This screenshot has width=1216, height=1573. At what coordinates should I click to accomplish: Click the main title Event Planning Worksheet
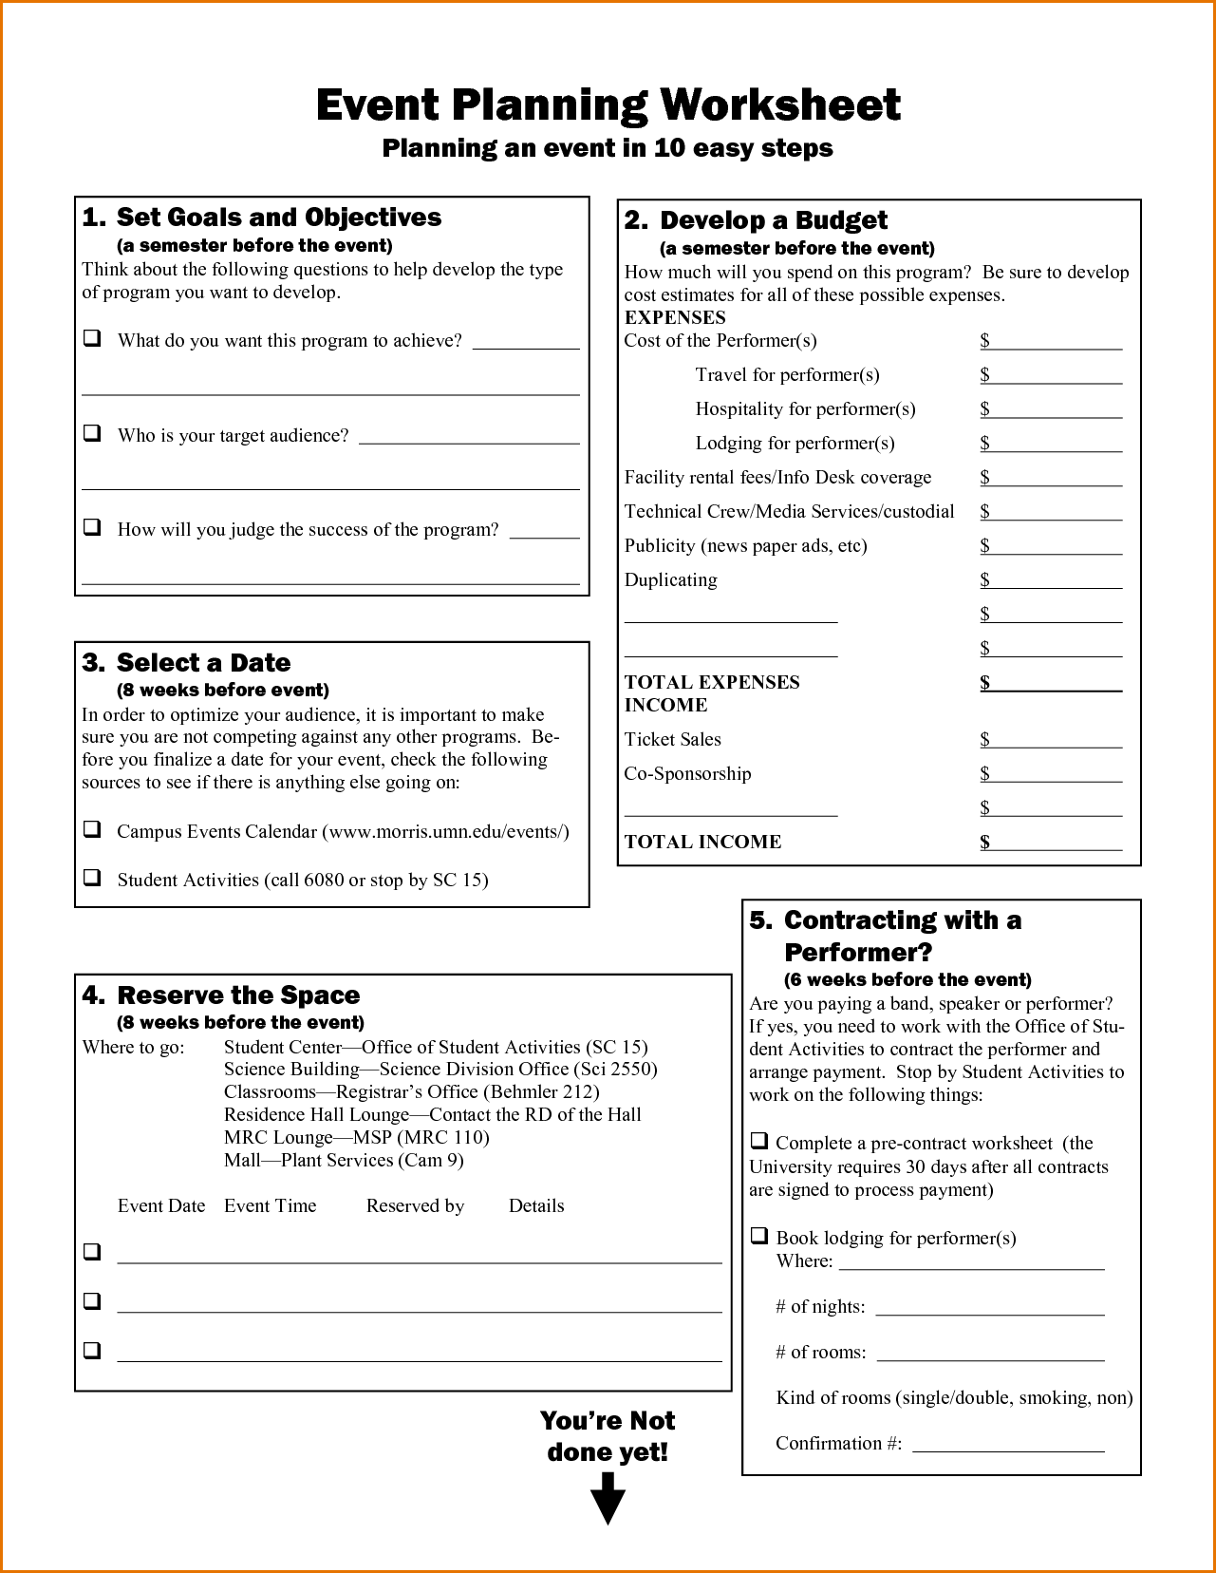point(608,104)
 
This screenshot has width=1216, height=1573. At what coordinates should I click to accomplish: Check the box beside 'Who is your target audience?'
point(92,433)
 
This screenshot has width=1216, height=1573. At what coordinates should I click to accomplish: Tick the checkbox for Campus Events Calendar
point(92,829)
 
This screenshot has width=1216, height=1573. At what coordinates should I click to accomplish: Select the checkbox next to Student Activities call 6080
point(92,878)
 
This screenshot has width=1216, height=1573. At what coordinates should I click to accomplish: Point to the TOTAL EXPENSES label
point(712,682)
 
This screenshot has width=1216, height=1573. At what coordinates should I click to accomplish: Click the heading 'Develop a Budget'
point(773,220)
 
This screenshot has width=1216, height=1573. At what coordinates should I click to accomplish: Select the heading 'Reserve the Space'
point(237,995)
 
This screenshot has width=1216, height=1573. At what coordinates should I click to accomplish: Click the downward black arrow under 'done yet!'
point(608,1499)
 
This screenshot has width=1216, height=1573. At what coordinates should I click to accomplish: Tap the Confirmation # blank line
point(1008,1445)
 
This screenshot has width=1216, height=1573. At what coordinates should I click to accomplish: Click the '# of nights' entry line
point(989,1308)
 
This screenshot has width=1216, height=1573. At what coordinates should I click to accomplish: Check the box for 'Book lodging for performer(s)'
point(759,1236)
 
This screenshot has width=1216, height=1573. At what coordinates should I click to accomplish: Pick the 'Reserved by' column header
point(415,1205)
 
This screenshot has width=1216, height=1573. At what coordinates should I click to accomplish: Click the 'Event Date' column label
point(161,1205)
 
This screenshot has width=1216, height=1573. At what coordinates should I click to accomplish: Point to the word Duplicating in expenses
point(670,579)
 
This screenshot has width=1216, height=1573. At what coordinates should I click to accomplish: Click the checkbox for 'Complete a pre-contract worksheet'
point(759,1141)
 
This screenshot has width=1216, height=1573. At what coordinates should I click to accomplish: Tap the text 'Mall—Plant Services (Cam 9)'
point(344,1160)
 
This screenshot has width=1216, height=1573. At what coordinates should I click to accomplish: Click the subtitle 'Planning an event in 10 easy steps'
point(608,148)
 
